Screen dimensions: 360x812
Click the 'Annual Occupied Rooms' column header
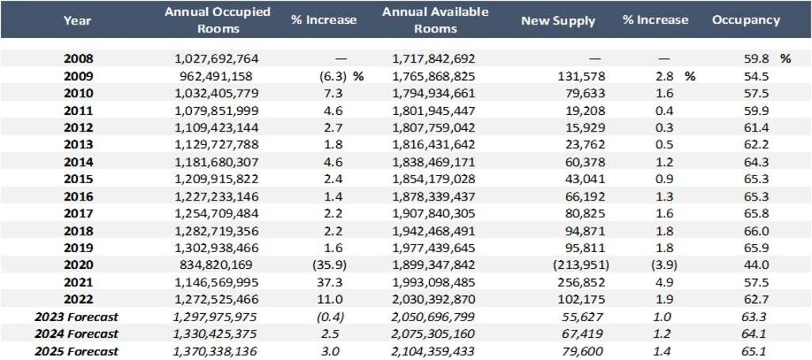(216, 20)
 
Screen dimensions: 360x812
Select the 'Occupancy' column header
(745, 20)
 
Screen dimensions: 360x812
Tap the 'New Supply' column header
(557, 21)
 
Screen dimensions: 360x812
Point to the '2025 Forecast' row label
(77, 351)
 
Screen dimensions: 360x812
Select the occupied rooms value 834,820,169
(216, 266)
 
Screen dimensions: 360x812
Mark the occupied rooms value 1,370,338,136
(216, 351)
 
